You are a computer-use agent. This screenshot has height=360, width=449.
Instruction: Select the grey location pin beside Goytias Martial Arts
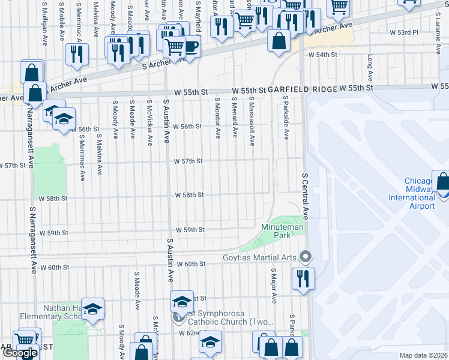pos(306,257)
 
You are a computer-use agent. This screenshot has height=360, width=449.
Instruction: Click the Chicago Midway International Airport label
pos(411,193)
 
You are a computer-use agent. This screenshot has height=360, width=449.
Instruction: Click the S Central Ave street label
pos(305,196)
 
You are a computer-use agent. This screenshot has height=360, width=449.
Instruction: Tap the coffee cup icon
pos(190,47)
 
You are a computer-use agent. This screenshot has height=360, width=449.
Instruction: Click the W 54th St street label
pos(323,55)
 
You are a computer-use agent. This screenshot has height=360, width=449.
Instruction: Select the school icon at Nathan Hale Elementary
pos(92,308)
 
